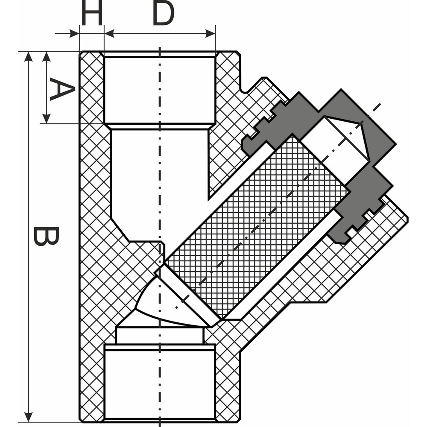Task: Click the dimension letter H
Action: click(x=92, y=12)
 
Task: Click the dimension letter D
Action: click(x=164, y=12)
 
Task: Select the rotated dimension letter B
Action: click(x=46, y=236)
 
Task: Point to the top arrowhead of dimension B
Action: click(x=28, y=57)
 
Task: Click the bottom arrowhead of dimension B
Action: click(x=28, y=417)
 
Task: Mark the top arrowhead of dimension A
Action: click(x=47, y=57)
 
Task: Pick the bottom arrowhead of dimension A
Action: click(x=47, y=118)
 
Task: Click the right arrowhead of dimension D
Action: click(x=210, y=34)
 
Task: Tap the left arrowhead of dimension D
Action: click(x=109, y=34)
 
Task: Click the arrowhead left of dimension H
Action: click(x=74, y=34)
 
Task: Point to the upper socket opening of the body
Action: click(x=160, y=90)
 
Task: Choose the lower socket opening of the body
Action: click(x=160, y=384)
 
